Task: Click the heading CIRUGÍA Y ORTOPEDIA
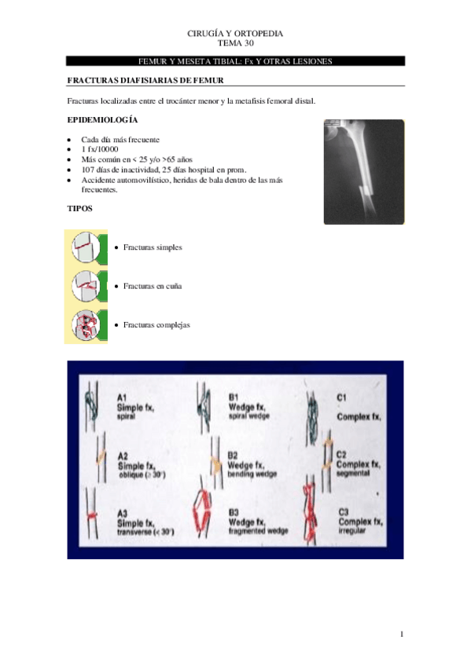[x=235, y=34]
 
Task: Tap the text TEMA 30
[x=236, y=43]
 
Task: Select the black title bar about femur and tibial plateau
[x=235, y=61]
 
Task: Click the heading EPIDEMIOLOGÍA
[x=102, y=120]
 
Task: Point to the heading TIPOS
[x=80, y=209]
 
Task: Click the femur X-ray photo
[x=364, y=172]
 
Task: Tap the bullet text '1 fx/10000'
[x=100, y=149]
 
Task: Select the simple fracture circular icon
[x=86, y=247]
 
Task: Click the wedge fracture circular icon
[x=86, y=286]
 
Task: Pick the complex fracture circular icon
[x=86, y=325]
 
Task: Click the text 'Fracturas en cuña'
[x=153, y=287]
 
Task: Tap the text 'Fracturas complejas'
[x=156, y=325]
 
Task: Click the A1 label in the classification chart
[x=122, y=397]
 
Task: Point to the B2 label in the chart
[x=233, y=456]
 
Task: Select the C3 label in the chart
[x=344, y=512]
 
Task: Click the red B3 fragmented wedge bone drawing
[x=203, y=513]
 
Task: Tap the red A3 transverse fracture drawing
[x=91, y=515]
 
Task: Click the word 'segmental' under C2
[x=351, y=473]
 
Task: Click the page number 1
[x=402, y=635]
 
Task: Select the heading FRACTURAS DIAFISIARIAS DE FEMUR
[x=145, y=80]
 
